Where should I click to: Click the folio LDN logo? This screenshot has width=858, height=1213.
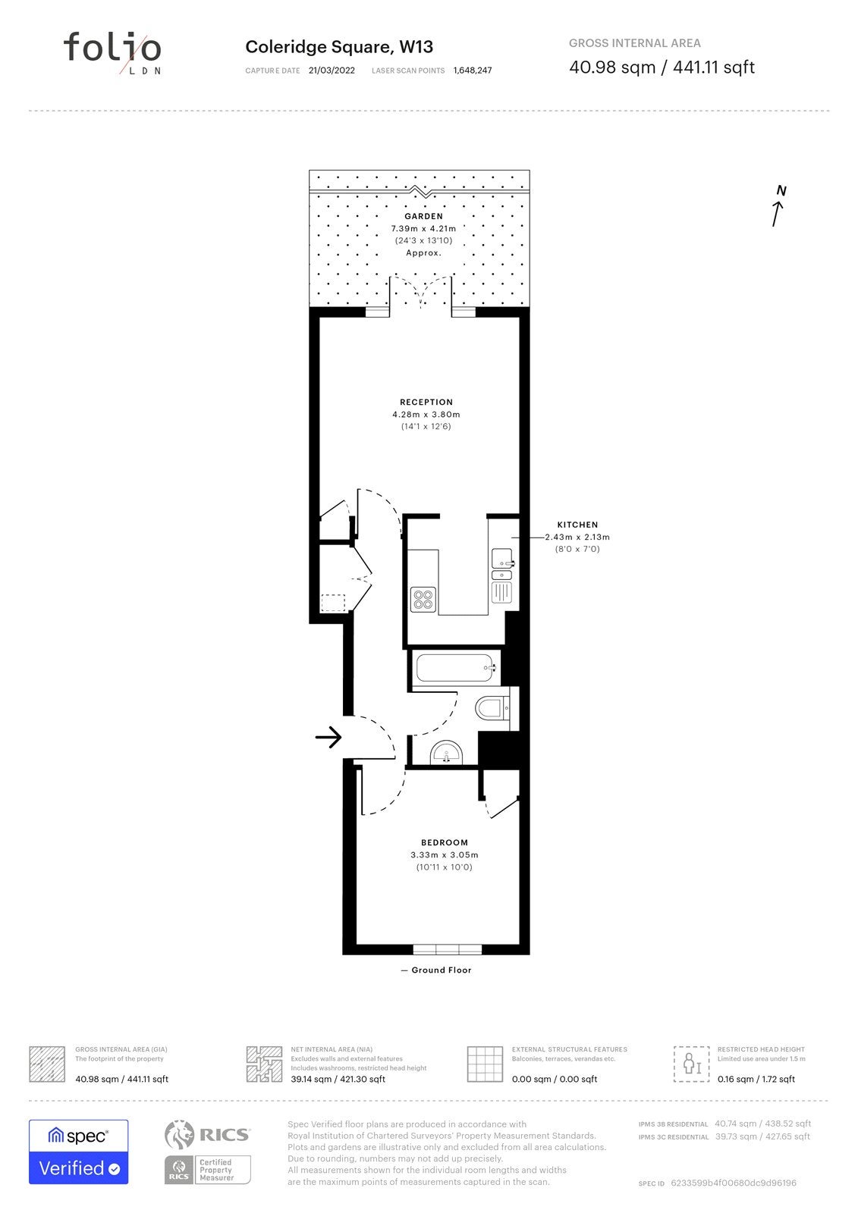coord(112,52)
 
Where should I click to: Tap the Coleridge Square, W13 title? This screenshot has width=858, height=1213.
coord(339,47)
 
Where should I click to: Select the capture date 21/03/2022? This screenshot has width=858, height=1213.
coord(332,71)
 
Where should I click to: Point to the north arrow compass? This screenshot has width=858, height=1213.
coord(779,205)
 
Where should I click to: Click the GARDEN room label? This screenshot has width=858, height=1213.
coord(423,216)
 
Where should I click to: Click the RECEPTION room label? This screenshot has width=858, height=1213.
coord(426,402)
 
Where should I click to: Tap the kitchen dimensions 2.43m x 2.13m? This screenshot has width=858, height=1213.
coord(577,537)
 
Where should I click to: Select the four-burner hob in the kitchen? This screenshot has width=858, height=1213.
coord(423,600)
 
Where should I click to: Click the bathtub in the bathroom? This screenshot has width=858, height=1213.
coord(454,668)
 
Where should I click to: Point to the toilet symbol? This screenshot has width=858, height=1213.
coord(492,707)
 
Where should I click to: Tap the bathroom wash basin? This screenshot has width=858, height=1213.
coord(446,752)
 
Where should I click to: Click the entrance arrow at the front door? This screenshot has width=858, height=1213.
coord(328,736)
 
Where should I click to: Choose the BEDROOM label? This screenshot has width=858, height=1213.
coord(444,842)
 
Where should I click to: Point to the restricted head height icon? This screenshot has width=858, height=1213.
coord(691,1064)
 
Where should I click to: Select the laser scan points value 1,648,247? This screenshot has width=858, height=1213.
coord(473,71)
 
